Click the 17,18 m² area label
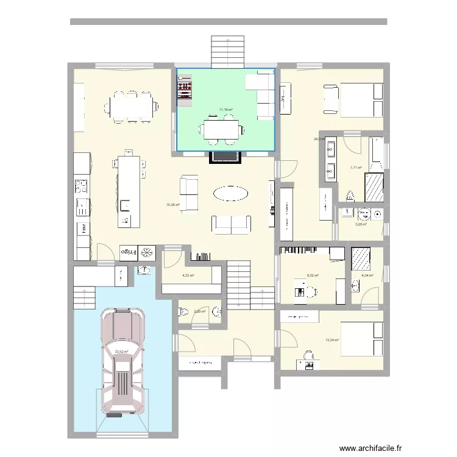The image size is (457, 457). [x=226, y=110]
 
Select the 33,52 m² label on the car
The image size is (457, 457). [x=122, y=351]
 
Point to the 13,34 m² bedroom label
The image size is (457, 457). [x=332, y=341]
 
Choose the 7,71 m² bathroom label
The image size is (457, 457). [x=356, y=168]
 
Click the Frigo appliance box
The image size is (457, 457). [x=127, y=252]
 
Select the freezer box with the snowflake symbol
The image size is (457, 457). [x=147, y=252]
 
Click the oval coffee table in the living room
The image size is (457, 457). [x=230, y=194]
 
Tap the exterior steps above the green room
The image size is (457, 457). [x=227, y=52]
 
